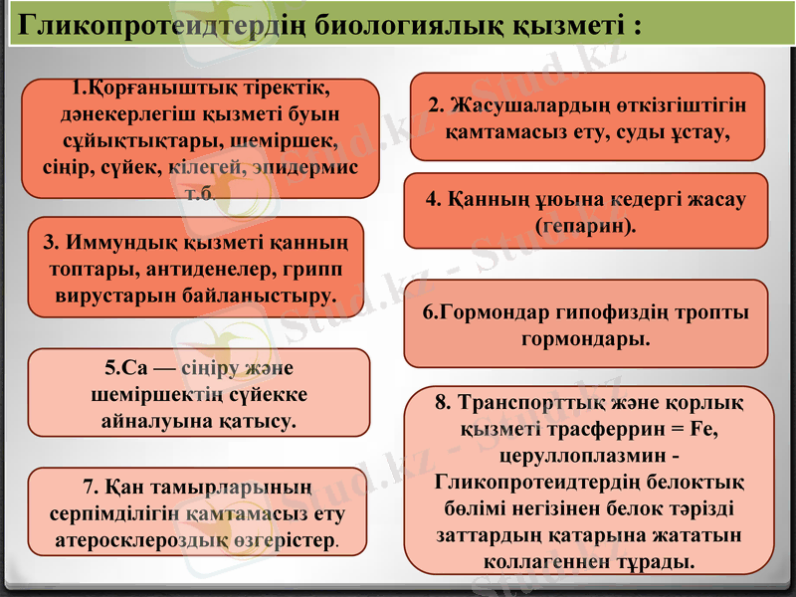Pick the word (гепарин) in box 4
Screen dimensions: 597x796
[x=585, y=226]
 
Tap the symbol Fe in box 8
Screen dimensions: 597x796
[x=701, y=430]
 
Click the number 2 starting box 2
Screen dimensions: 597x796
[x=434, y=103]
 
